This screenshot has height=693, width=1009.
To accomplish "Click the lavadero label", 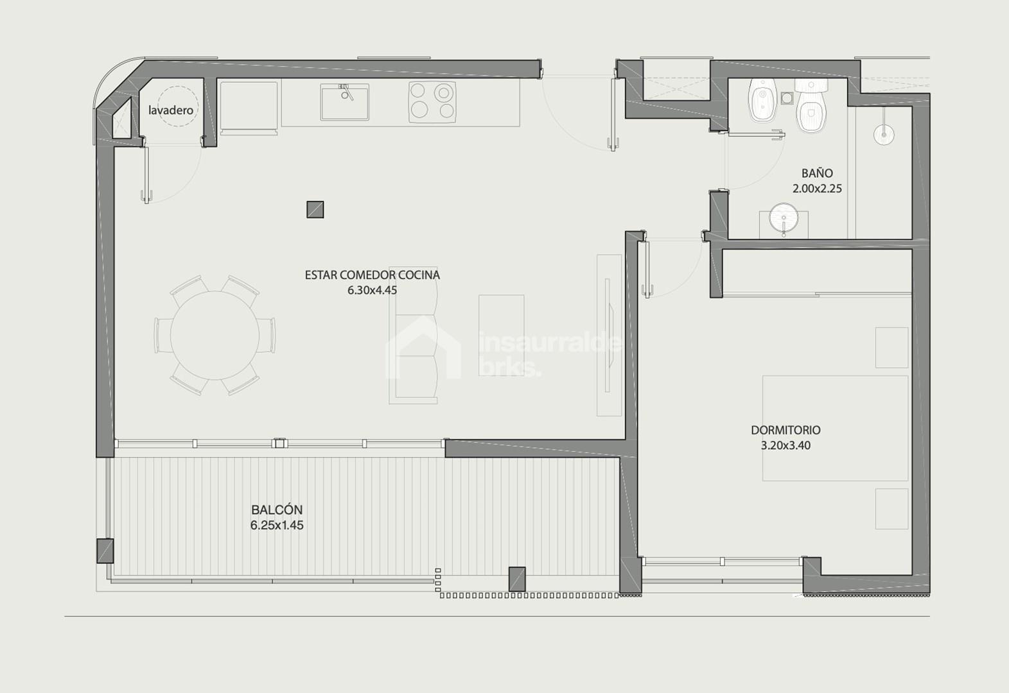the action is [171, 110].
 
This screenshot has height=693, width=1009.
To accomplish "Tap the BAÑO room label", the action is [817, 173].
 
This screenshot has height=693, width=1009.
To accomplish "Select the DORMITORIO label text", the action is [785, 430].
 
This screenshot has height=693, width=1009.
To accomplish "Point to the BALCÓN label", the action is [277, 510].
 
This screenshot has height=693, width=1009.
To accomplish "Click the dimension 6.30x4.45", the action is [372, 290].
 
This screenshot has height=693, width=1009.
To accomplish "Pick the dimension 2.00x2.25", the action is [817, 189].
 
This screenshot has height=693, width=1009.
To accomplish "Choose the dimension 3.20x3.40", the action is [785, 445].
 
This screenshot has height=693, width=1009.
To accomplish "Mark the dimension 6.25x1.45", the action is [277, 525].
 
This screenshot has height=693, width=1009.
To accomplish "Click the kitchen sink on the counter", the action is [345, 102].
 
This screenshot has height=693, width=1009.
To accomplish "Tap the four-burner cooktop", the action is [432, 102].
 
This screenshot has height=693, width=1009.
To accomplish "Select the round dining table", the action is [215, 335].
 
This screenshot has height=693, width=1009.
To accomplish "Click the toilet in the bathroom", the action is [811, 106].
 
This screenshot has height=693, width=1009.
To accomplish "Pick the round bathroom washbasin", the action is [784, 218].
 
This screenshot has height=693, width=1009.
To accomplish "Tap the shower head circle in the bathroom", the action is [884, 135].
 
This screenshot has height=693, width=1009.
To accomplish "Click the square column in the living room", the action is [315, 210].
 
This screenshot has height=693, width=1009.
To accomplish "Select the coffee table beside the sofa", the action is [502, 335].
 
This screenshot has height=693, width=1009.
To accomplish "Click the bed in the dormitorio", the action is [835, 429].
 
